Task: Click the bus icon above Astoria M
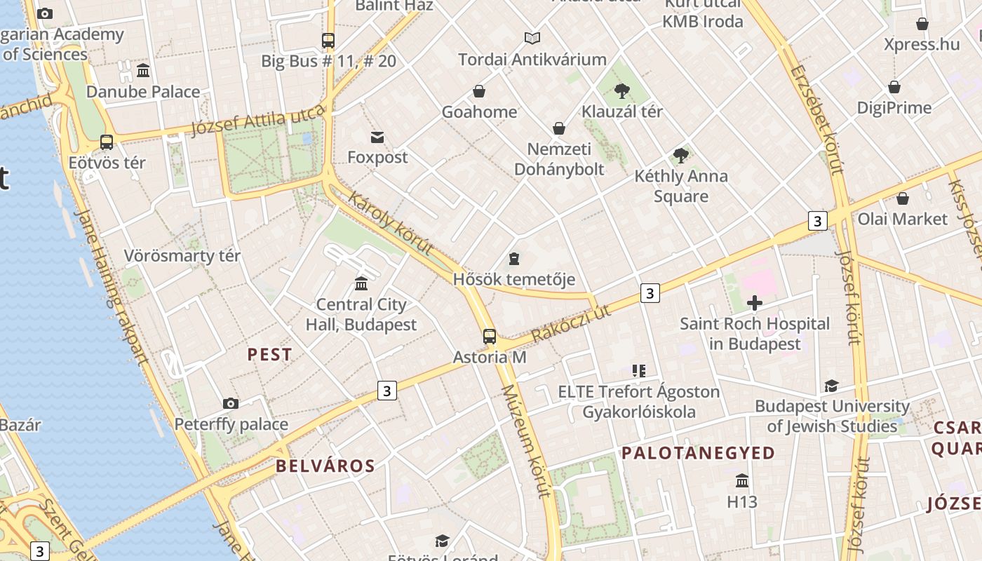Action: click(490, 337)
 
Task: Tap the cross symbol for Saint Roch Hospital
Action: click(755, 303)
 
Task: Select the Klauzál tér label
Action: click(621, 111)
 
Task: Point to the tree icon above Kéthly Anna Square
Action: click(680, 156)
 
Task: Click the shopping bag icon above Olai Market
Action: click(903, 198)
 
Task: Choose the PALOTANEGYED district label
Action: click(698, 453)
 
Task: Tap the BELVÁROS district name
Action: click(325, 466)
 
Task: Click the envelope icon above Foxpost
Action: click(377, 137)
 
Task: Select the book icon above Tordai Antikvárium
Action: click(532, 39)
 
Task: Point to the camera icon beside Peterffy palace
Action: click(230, 403)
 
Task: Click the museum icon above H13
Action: click(742, 481)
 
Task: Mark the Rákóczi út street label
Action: click(572, 323)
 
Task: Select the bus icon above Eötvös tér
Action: click(107, 142)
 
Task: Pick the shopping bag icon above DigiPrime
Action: click(894, 88)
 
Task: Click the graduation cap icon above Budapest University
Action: click(831, 386)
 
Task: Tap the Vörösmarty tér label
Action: click(182, 256)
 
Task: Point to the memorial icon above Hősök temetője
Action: click(514, 259)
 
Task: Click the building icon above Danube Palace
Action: click(143, 71)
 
